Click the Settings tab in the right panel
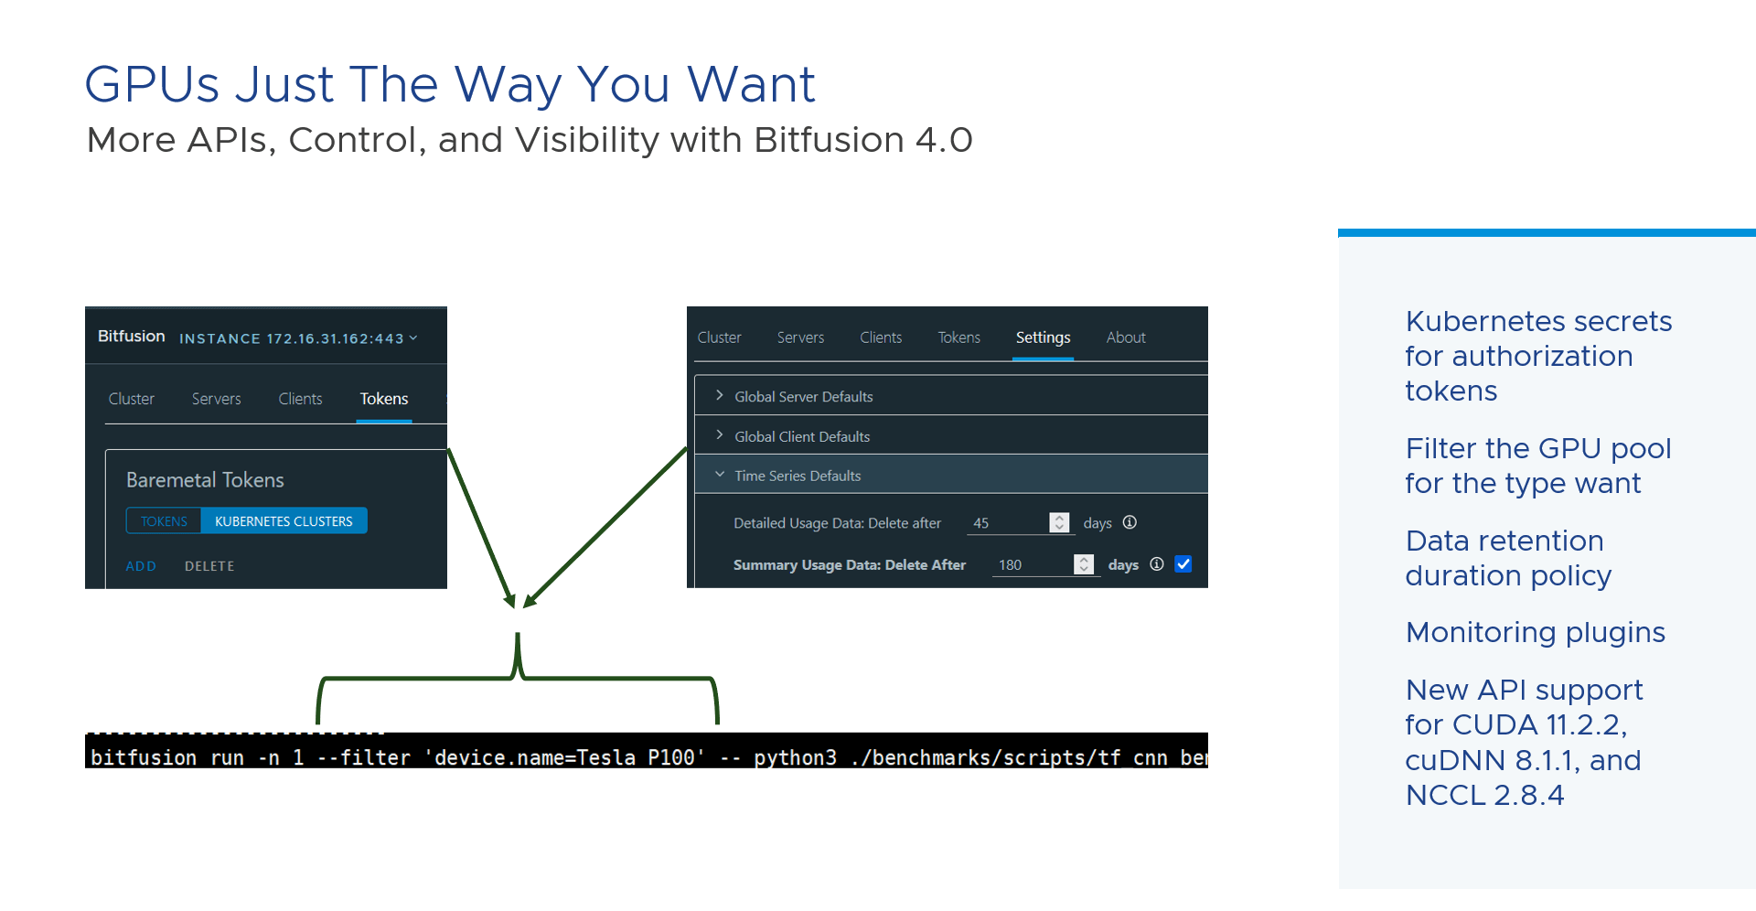coord(1043,338)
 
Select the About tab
coord(1126,338)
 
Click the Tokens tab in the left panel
coord(384,399)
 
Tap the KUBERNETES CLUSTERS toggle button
coord(284,521)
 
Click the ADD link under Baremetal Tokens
coord(141,566)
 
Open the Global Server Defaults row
coord(804,396)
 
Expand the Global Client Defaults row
coord(802,436)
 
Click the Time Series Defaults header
coord(798,476)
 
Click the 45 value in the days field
coord(981,523)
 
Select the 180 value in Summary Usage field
coord(1010,565)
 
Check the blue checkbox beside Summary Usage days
coord(1183,564)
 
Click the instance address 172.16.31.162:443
coord(335,338)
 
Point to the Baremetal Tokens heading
coord(205,480)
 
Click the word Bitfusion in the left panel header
coord(132,336)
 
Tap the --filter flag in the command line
coord(364,757)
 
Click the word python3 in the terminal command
coord(795,758)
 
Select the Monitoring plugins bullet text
coord(1536,633)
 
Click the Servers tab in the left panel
coord(217,399)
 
